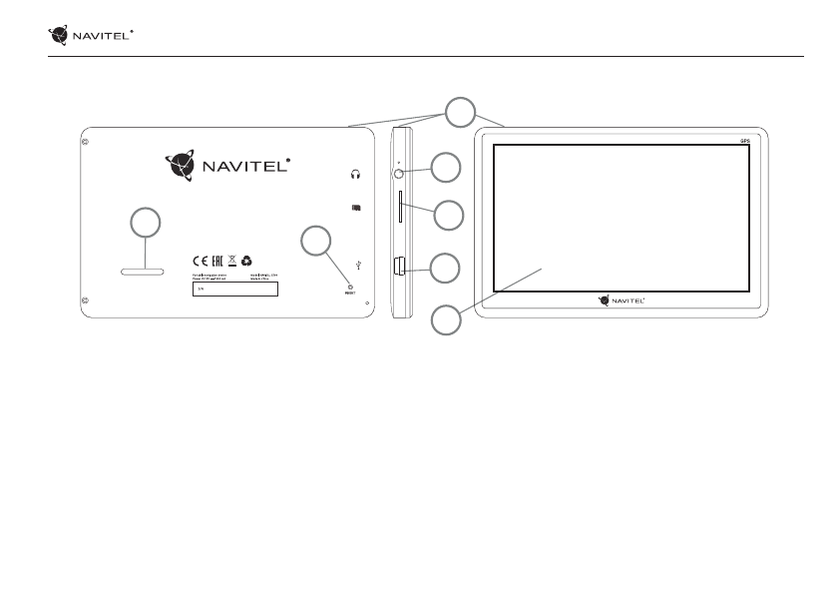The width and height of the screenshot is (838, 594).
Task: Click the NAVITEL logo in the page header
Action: [91, 36]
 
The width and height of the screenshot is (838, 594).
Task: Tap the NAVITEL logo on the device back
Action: [227, 164]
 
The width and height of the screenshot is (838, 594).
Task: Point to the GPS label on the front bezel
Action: [744, 143]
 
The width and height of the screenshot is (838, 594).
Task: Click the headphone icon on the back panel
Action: [354, 173]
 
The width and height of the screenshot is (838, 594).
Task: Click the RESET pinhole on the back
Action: [350, 286]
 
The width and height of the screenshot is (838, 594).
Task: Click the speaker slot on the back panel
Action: [139, 270]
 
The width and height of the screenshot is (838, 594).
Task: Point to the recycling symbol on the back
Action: [246, 258]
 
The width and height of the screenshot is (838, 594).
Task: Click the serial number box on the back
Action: [233, 291]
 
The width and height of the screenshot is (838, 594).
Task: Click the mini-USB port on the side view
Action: [401, 267]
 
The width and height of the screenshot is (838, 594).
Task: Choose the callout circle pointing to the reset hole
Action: [317, 240]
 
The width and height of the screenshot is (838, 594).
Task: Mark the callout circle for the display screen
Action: [446, 321]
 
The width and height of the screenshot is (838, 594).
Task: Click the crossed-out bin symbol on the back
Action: [231, 258]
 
